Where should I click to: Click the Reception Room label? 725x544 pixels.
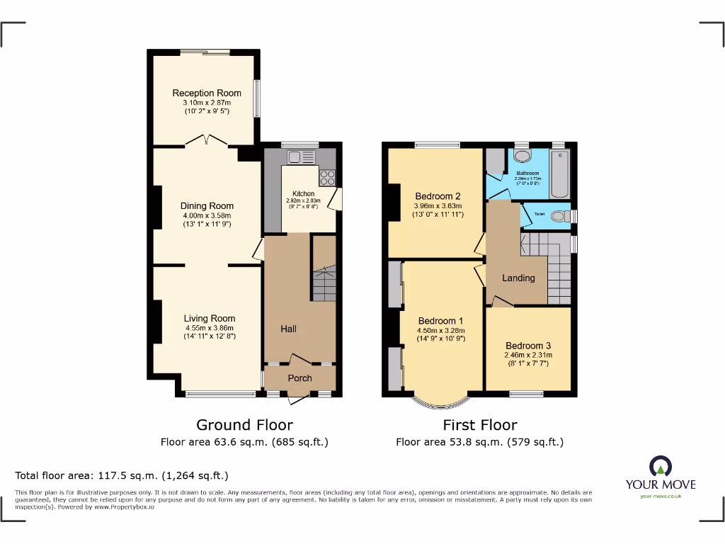tap(207, 93)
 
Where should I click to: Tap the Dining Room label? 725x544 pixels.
tap(207, 206)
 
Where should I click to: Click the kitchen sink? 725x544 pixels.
tap(292, 157)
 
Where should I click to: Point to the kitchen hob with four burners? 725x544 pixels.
tap(327, 176)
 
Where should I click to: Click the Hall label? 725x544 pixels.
tap(288, 329)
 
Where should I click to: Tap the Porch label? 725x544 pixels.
tap(299, 378)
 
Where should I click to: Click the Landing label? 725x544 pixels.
tap(518, 278)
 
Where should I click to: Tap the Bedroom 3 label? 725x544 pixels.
tap(528, 346)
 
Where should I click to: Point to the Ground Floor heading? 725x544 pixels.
tap(244, 425)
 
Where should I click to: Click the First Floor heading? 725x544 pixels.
tap(479, 425)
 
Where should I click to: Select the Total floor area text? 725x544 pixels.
tap(122, 476)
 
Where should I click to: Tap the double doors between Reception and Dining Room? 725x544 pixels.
tap(207, 142)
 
